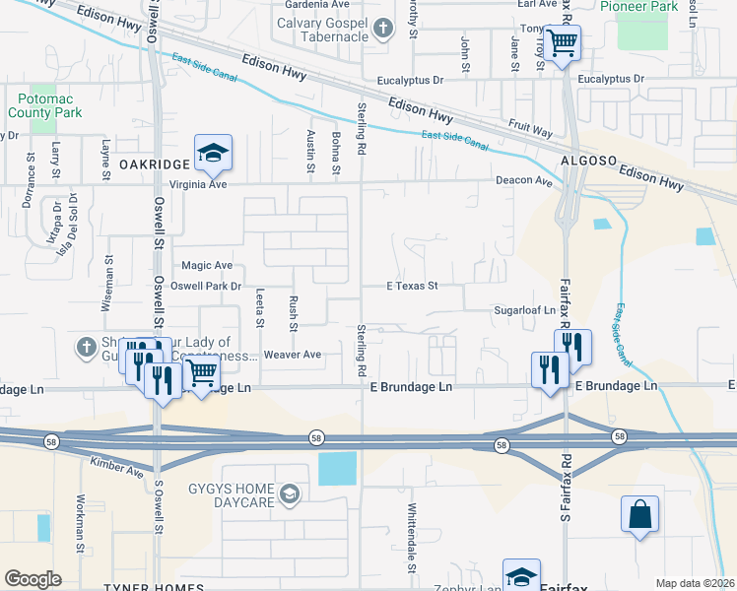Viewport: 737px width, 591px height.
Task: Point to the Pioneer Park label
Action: [x=650, y=6]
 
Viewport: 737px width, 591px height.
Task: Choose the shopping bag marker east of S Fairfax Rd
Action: [x=639, y=515]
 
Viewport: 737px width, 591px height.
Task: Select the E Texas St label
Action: [x=411, y=287]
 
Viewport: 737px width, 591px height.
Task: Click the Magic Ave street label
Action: [x=207, y=266]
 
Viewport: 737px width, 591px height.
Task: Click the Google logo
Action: [x=33, y=579]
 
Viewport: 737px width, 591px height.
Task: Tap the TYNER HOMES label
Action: [x=153, y=587]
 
